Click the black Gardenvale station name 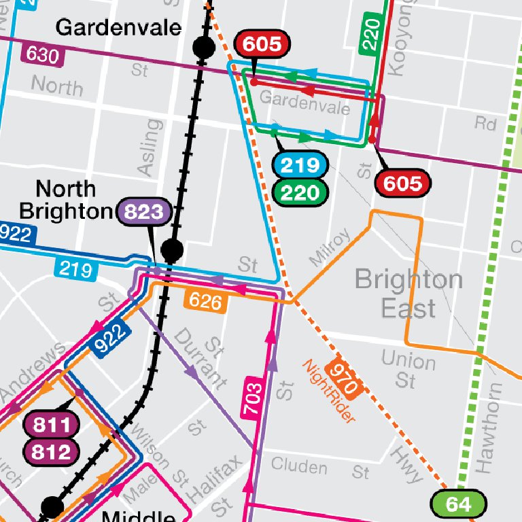click(x=118, y=27)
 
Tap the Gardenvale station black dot click(x=203, y=47)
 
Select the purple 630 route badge click(x=42, y=54)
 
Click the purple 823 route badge click(x=144, y=212)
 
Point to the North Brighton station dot click(x=173, y=251)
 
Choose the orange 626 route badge click(x=205, y=300)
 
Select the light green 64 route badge click(x=459, y=504)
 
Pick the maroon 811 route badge click(x=52, y=426)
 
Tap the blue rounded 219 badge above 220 click(x=300, y=165)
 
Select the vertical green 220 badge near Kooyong click(x=370, y=34)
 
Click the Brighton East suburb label click(x=408, y=293)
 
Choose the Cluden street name click(x=298, y=466)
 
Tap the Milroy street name click(x=330, y=246)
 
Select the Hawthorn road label click(x=488, y=428)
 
